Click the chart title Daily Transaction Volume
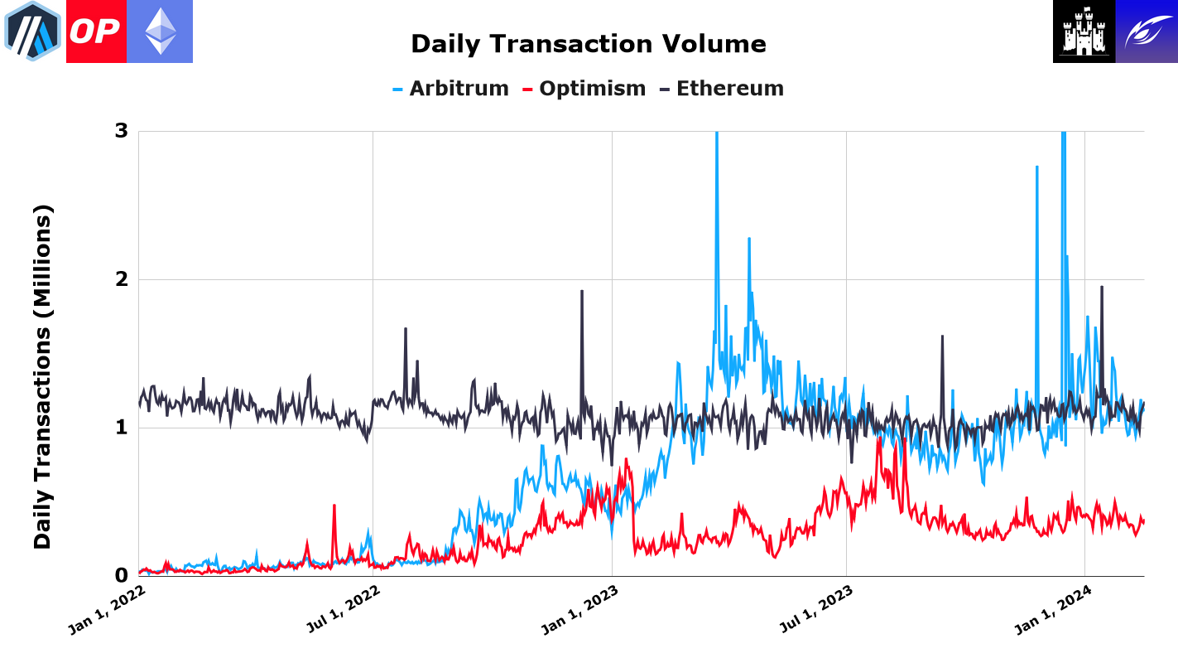pos(588,44)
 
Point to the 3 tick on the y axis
pos(121,132)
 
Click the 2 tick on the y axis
pos(121,279)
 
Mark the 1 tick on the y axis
pos(121,428)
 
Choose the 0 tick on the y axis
pos(121,575)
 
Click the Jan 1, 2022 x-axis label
pos(107,611)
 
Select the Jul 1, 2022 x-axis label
pos(343,611)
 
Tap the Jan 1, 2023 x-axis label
pos(580,611)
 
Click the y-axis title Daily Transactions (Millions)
pos(43,376)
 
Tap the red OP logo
pos(96,31)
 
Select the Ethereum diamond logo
pos(160,31)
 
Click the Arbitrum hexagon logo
pos(33,31)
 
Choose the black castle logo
pos(1084,31)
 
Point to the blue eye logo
pos(1147,31)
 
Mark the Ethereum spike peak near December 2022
pos(582,291)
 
